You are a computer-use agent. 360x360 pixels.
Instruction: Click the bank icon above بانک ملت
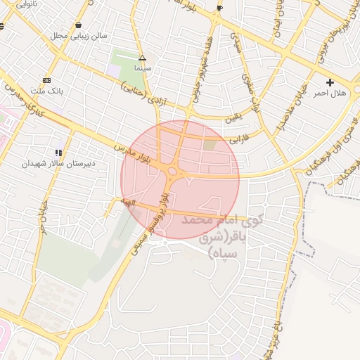click(x=46, y=81)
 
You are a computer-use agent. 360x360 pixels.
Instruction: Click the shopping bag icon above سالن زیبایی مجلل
click(x=77, y=25)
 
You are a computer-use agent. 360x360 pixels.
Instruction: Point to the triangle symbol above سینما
click(x=142, y=58)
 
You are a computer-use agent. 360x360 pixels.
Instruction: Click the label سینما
click(x=142, y=69)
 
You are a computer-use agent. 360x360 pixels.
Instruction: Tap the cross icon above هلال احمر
click(x=330, y=82)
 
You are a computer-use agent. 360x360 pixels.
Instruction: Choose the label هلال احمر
click(x=330, y=93)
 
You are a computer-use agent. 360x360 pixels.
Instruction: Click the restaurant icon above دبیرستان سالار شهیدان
click(x=58, y=152)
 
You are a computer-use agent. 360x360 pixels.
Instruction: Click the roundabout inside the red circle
click(x=173, y=172)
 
